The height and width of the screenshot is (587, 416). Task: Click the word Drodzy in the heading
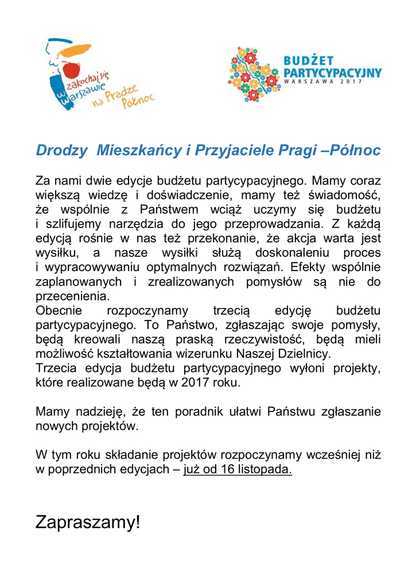pyautogui.click(x=61, y=151)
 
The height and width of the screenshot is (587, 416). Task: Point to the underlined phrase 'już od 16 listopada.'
pyautogui.click(x=238, y=471)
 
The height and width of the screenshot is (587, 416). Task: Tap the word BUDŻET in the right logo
pyautogui.click(x=309, y=60)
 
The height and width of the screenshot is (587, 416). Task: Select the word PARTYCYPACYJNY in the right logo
pyautogui.click(x=333, y=72)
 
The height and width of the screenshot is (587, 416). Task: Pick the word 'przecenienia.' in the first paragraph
pyautogui.click(x=72, y=296)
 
